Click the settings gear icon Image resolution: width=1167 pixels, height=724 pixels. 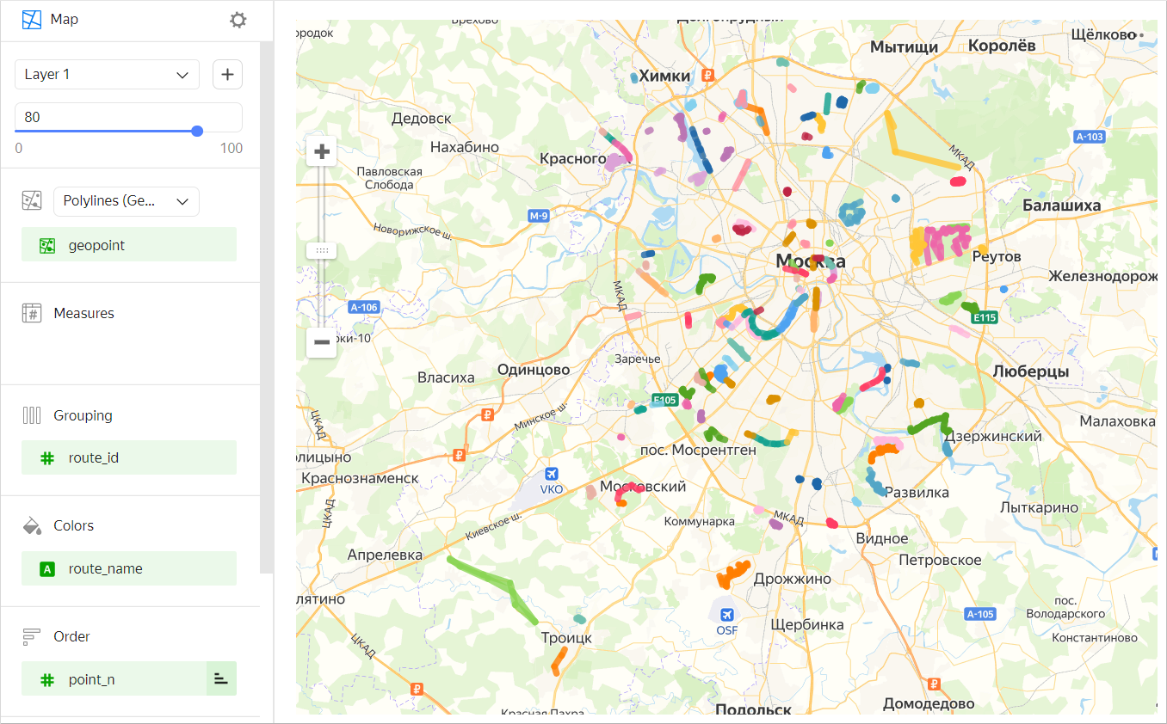tap(238, 20)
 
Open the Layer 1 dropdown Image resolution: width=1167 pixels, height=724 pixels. tap(107, 75)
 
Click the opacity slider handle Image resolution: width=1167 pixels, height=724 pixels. tap(197, 131)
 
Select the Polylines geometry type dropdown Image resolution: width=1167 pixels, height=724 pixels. tap(126, 201)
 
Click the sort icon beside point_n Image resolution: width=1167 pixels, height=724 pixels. tap(221, 679)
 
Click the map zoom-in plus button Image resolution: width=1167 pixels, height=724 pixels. tap(322, 152)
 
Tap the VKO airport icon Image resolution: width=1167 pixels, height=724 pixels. tap(551, 474)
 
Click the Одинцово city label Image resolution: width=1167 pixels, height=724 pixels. tap(534, 370)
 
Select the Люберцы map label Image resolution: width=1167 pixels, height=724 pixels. tap(1030, 371)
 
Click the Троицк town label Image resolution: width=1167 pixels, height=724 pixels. tap(566, 638)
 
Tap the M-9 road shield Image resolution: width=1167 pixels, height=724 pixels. tap(539, 216)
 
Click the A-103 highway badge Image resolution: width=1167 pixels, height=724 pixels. tap(1090, 137)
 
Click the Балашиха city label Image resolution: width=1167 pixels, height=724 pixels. tap(1061, 206)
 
